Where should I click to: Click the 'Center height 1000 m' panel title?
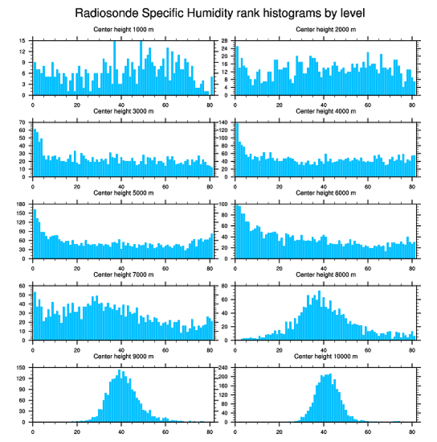tap(124, 29)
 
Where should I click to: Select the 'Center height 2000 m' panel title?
tap(326, 29)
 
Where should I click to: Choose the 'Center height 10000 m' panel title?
tap(326, 357)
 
